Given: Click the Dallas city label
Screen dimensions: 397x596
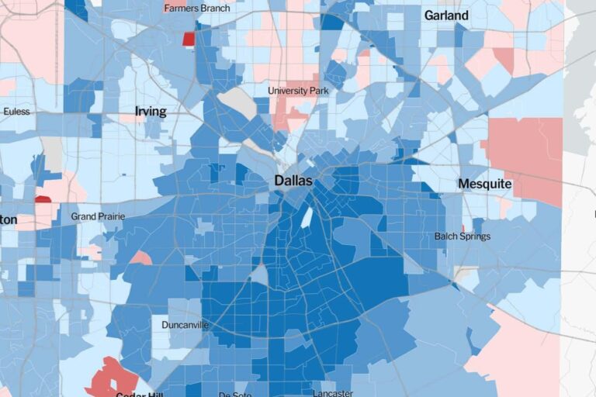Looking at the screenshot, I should (x=293, y=181).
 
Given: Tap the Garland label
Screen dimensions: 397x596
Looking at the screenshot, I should (x=446, y=15).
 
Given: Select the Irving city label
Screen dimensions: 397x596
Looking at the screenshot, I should (x=151, y=112).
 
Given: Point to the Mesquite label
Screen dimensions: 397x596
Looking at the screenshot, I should (x=485, y=184).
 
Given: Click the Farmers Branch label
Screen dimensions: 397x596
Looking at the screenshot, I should (x=197, y=9).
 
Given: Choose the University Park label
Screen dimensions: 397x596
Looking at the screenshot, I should (x=298, y=91).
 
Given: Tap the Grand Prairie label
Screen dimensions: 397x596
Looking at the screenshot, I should (x=98, y=216).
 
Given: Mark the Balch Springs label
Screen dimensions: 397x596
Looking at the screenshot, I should (x=463, y=236).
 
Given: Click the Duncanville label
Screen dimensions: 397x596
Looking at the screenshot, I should (x=185, y=325).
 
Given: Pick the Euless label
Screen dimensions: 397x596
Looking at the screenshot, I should (x=16, y=112).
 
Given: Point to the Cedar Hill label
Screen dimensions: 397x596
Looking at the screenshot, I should (x=132, y=394).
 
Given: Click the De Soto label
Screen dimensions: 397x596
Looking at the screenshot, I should (x=235, y=394).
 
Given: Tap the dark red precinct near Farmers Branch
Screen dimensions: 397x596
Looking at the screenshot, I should (x=189, y=39).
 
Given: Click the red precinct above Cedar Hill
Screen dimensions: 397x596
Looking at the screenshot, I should (x=110, y=376).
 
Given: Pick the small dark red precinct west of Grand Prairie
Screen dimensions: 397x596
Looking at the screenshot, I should (x=43, y=199).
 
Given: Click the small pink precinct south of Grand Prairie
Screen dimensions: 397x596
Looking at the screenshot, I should (x=140, y=257).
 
